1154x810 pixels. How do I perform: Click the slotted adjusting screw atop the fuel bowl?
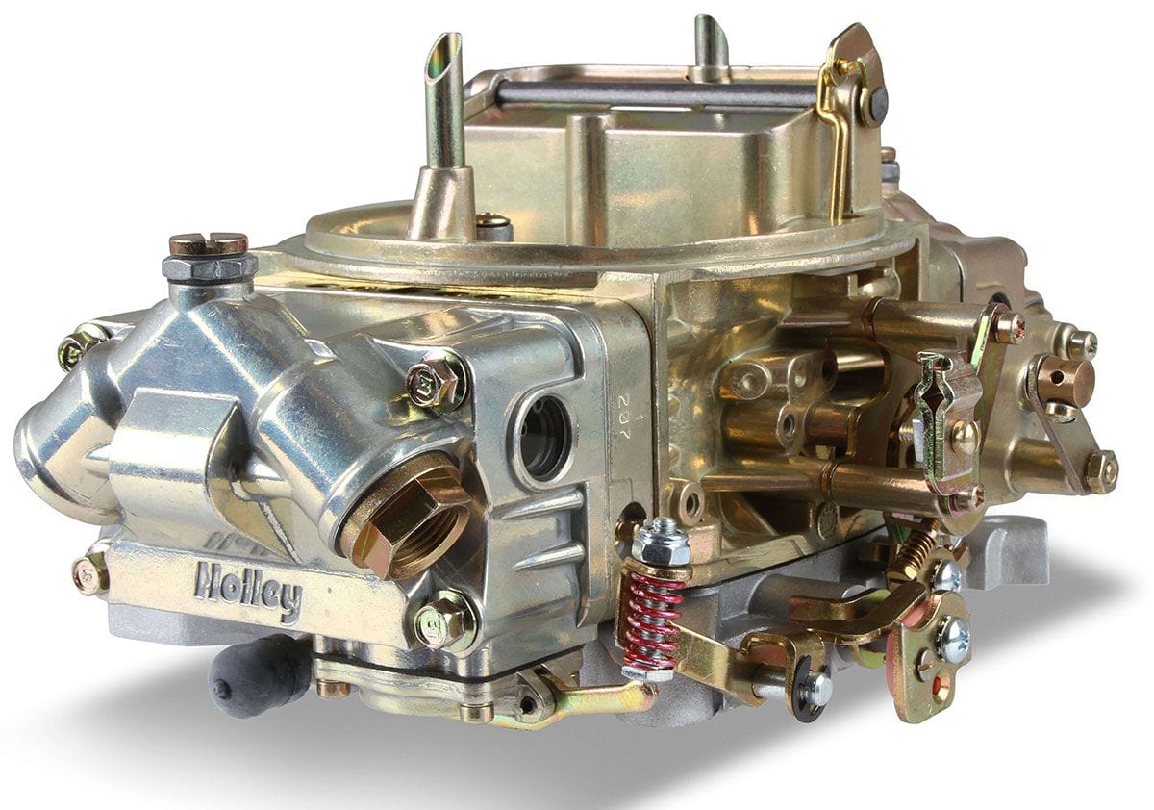pos(208,244)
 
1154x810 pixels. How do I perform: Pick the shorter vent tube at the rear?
pos(711,48)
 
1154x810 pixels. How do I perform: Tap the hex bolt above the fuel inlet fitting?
pos(438,379)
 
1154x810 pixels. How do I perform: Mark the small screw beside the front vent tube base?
pos(493,227)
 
